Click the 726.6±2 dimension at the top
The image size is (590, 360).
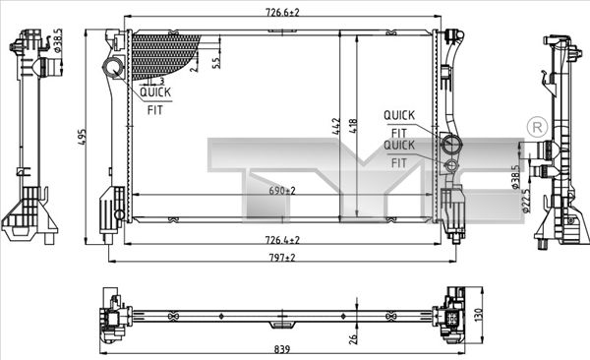tap(282, 13)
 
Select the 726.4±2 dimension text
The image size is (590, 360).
tap(282, 239)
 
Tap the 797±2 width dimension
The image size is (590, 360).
tap(282, 258)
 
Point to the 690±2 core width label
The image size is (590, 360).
tap(282, 191)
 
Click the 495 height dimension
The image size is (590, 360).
tap(82, 138)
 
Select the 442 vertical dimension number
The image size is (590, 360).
tap(336, 126)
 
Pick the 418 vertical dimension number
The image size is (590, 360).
tap(353, 126)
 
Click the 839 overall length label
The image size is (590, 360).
tap(282, 349)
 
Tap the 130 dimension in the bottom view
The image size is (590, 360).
tap(478, 315)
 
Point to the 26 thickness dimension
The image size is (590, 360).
tap(353, 338)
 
